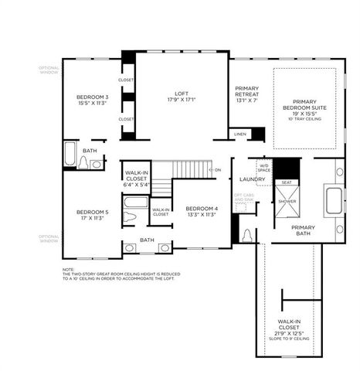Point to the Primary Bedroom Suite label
pyautogui.click(x=304, y=110)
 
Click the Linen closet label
pyautogui.click(x=240, y=134)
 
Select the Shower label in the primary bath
pyautogui.click(x=287, y=200)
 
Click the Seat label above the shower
pyautogui.click(x=287, y=182)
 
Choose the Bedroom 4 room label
pyautogui.click(x=202, y=212)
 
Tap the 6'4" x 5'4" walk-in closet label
pyautogui.click(x=135, y=179)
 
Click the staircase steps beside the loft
pyautogui.click(x=190, y=168)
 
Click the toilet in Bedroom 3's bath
pyautogui.click(x=83, y=162)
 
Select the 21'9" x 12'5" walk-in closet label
pyautogui.click(x=290, y=329)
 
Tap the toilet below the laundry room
pyautogui.click(x=246, y=236)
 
